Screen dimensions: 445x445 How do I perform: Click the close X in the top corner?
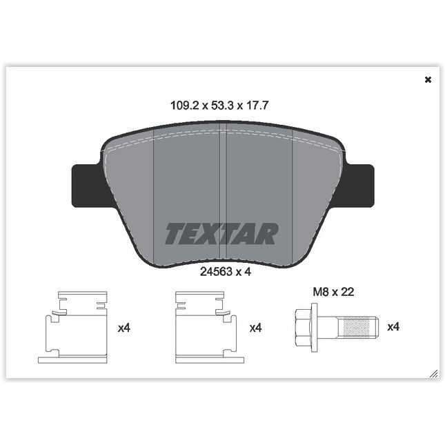pyautogui.click(x=428, y=79)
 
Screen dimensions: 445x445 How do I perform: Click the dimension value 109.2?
pyautogui.click(x=184, y=106)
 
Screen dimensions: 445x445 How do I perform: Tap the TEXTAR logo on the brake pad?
pyautogui.click(x=221, y=234)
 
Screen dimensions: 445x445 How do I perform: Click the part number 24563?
pyautogui.click(x=214, y=272)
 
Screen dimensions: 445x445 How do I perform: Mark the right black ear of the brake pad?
pyautogui.click(x=360, y=184)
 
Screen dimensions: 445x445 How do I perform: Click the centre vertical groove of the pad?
pyautogui.click(x=223, y=193)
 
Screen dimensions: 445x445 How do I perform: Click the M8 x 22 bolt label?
pyautogui.click(x=334, y=292)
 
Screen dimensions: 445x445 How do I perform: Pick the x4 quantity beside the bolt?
pyautogui.click(x=393, y=327)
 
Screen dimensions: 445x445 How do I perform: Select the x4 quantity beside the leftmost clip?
pyautogui.click(x=124, y=328)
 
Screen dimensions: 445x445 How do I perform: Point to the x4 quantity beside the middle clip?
pyautogui.click(x=256, y=328)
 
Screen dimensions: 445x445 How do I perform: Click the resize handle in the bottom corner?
pyautogui.click(x=433, y=373)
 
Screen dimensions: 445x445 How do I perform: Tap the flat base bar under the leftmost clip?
pyautogui.click(x=72, y=359)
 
